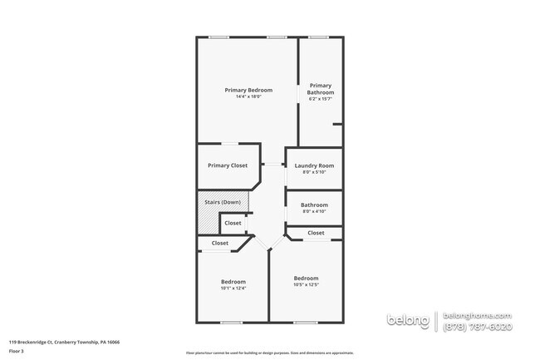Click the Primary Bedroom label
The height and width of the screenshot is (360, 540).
[248, 90]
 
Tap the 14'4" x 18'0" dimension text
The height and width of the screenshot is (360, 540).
[248, 96]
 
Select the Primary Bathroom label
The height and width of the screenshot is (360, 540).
[321, 88]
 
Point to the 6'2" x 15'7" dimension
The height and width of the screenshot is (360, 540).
[321, 99]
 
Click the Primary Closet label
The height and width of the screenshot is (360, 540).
[228, 165]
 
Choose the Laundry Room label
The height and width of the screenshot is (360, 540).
[314, 165]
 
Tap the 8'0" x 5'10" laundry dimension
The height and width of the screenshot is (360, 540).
[314, 172]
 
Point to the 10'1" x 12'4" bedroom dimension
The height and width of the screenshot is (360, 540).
[233, 288]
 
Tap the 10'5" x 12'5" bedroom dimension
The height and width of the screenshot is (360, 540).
[306, 285]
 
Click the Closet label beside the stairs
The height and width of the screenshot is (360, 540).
[233, 223]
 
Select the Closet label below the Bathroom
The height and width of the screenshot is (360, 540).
[316, 233]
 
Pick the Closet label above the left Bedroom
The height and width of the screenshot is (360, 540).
[220, 243]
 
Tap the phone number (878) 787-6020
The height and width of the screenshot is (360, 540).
[478, 328]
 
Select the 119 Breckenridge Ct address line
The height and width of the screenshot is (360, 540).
[64, 342]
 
